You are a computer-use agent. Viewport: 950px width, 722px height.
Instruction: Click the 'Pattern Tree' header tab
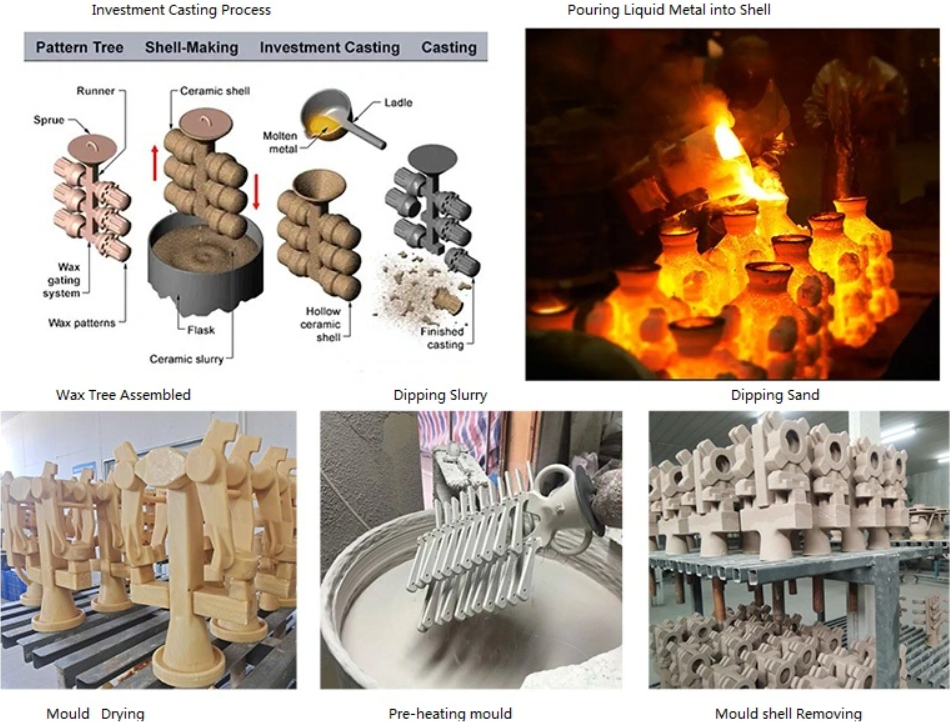(79, 47)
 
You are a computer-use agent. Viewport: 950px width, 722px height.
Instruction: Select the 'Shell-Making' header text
(191, 47)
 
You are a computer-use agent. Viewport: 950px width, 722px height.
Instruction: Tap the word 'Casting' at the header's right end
(449, 47)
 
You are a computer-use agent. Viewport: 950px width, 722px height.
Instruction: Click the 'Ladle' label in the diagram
(398, 102)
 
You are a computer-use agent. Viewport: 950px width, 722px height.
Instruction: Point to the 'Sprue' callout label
(48, 119)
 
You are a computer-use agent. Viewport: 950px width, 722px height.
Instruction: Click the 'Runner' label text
(95, 91)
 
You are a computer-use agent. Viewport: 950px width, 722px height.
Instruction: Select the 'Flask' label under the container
(201, 330)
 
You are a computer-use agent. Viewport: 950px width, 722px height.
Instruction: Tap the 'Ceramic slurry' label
(187, 359)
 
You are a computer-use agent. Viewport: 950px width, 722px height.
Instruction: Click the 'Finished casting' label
(442, 338)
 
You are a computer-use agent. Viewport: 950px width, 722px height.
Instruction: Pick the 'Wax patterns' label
(82, 323)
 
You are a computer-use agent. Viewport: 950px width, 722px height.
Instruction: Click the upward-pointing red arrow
(154, 163)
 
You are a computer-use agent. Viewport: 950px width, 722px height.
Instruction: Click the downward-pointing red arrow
(256, 191)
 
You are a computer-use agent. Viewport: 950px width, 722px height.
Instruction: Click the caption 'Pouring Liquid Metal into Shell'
(669, 10)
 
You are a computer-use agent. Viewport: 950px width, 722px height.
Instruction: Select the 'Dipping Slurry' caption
(440, 396)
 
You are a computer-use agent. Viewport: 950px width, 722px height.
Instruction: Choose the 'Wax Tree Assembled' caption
(123, 395)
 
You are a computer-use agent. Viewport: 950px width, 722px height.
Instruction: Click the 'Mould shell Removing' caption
(788, 714)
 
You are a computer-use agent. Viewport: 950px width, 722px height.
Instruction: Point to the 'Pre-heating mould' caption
(450, 714)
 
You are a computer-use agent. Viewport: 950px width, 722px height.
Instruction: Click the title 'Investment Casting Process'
(181, 10)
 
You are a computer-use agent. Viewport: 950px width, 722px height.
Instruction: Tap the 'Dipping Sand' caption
(775, 396)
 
